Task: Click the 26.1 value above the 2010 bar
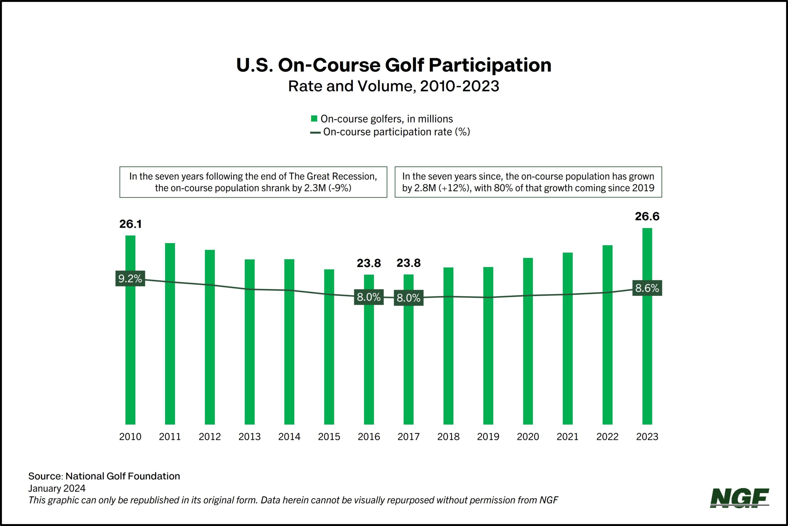pyautogui.click(x=130, y=224)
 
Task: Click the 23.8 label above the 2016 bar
pyautogui.click(x=368, y=263)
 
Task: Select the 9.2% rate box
pyautogui.click(x=130, y=278)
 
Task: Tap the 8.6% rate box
pyautogui.click(x=647, y=288)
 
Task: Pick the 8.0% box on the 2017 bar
pyautogui.click(x=408, y=297)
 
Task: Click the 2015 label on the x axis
pyautogui.click(x=329, y=437)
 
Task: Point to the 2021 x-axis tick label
pyautogui.click(x=568, y=437)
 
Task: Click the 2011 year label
pyautogui.click(x=170, y=437)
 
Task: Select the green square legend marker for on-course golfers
pyautogui.click(x=314, y=118)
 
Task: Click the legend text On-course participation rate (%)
pyautogui.click(x=396, y=132)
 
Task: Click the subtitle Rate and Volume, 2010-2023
pyautogui.click(x=394, y=86)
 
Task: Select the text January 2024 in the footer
pyautogui.click(x=57, y=488)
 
